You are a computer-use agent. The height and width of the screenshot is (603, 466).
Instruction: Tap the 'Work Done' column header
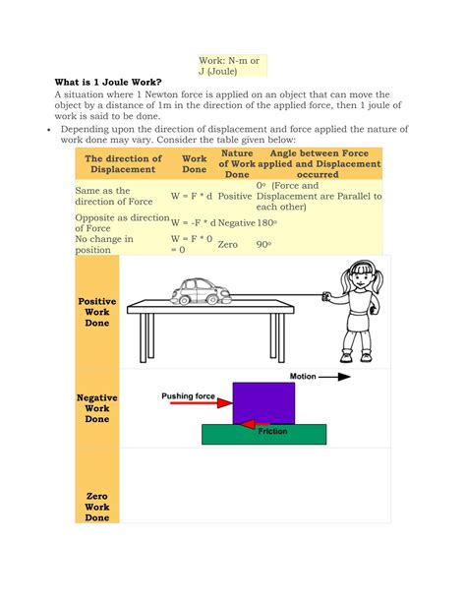[194, 164]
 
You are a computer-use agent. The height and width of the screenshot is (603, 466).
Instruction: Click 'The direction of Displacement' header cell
[123, 164]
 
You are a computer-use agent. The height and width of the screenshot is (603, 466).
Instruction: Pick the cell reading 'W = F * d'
[192, 196]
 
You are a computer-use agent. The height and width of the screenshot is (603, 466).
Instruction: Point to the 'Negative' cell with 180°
[235, 223]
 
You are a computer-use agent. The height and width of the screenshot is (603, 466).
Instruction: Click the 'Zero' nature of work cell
[227, 245]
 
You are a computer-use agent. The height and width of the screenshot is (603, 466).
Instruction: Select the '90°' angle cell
[264, 245]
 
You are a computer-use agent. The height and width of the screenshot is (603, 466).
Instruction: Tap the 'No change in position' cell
[102, 244]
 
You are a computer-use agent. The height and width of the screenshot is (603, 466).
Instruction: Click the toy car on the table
[202, 291]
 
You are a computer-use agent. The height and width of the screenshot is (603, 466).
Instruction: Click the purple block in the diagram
[263, 401]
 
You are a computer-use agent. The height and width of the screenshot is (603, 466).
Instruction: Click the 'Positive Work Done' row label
[97, 312]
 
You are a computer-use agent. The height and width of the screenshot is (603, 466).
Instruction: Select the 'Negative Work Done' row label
[97, 408]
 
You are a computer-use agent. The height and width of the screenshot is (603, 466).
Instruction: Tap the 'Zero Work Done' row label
[97, 507]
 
